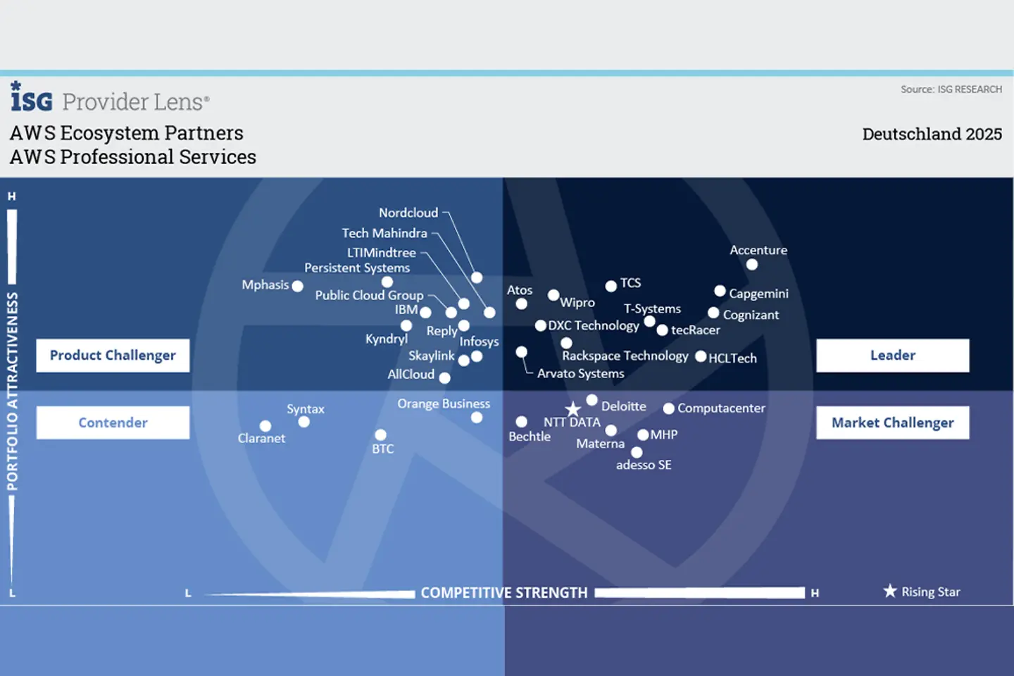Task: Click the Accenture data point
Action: click(752, 265)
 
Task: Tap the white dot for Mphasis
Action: click(297, 286)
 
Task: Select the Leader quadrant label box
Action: click(892, 356)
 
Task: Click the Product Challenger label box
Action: click(113, 356)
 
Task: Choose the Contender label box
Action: click(113, 423)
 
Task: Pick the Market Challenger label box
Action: click(892, 423)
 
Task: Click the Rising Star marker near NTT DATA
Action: click(573, 409)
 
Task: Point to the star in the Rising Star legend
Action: click(890, 591)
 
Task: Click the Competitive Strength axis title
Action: click(504, 593)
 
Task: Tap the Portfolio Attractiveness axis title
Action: click(13, 392)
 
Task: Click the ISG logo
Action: click(31, 97)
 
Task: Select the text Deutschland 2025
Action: click(932, 134)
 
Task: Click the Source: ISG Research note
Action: click(951, 89)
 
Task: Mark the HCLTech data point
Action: click(701, 356)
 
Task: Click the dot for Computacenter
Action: click(668, 408)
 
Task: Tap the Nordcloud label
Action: click(408, 213)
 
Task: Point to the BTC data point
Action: click(380, 435)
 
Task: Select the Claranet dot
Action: click(265, 426)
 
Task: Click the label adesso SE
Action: click(644, 465)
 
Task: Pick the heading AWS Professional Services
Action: click(133, 157)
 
